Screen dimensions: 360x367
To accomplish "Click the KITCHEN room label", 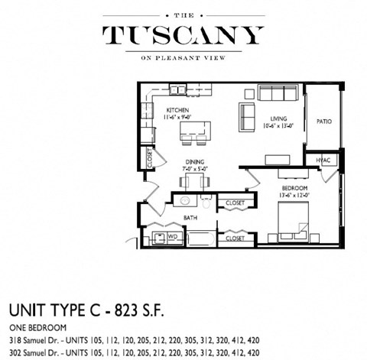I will click(177, 110).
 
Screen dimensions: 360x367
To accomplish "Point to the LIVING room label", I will click(278, 118).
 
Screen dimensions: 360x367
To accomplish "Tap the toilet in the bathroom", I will click(206, 202).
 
